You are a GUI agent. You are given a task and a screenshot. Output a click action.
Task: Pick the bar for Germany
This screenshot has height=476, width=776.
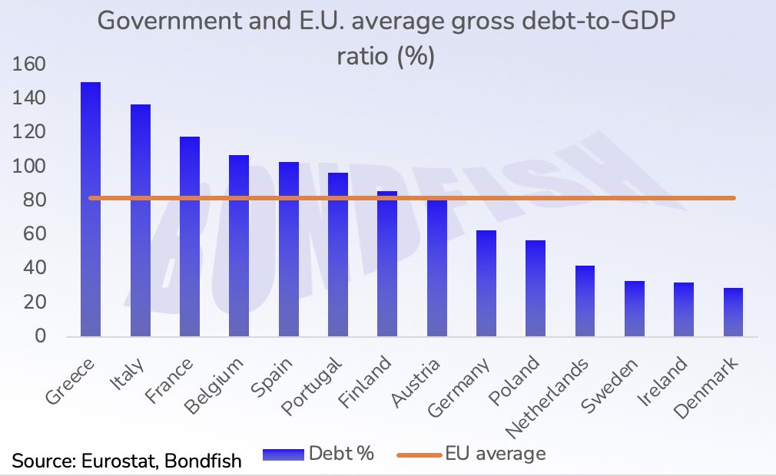point(486,283)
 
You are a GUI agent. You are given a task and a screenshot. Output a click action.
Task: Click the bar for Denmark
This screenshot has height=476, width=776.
point(733,312)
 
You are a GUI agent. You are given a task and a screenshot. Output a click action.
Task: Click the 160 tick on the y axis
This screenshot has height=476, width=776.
point(28,64)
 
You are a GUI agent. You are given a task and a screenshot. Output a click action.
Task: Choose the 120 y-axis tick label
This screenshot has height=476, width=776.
point(28,132)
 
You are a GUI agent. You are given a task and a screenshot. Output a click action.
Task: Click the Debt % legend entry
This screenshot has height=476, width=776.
point(318,454)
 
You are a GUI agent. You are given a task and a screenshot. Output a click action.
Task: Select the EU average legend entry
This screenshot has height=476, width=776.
point(472,454)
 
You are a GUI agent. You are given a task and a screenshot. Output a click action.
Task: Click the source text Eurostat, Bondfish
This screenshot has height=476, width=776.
point(127,461)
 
